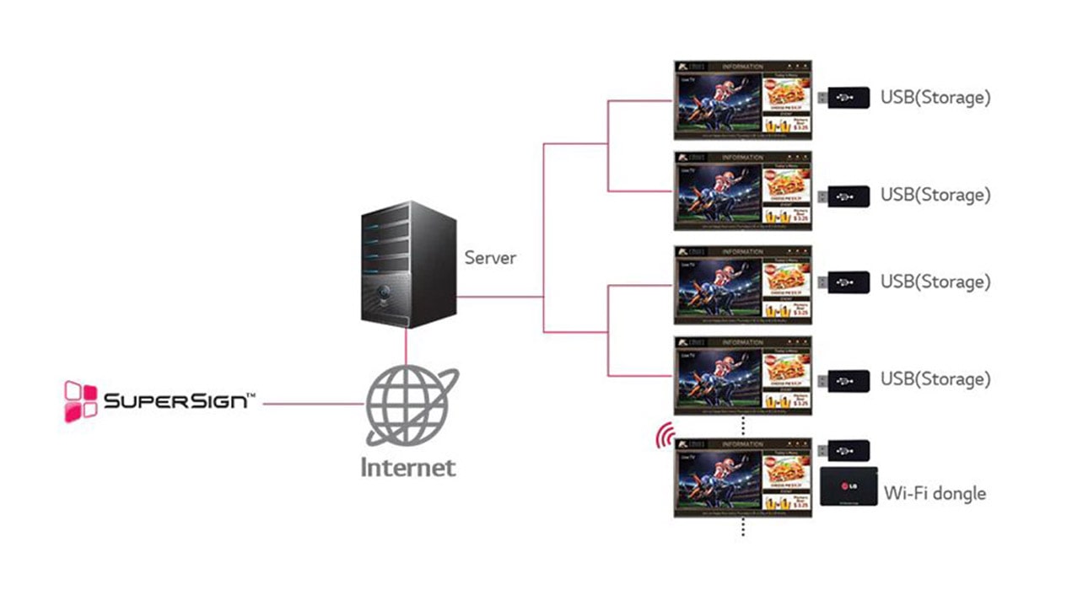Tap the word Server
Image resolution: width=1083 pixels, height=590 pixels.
[490, 257]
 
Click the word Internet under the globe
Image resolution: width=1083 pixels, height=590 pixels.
[408, 466]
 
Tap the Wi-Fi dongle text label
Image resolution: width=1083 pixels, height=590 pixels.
[934, 492]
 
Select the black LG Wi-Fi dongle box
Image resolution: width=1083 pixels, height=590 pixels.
[849, 486]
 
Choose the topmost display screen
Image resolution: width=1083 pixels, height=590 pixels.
[742, 99]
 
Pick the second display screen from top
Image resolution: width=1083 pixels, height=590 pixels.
[742, 190]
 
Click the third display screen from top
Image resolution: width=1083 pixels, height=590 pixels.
[742, 284]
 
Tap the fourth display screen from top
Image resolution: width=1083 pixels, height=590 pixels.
[742, 375]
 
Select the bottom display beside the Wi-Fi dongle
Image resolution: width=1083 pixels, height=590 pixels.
[742, 476]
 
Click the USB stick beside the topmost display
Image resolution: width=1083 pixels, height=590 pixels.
[844, 98]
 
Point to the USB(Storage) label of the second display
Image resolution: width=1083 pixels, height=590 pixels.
[935, 196]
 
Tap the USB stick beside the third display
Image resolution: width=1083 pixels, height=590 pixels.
[844, 282]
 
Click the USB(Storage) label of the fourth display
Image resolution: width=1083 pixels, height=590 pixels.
[935, 379]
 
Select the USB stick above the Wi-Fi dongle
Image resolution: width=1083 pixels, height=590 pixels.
[844, 450]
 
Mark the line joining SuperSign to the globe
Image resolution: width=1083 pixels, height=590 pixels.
[312, 404]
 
